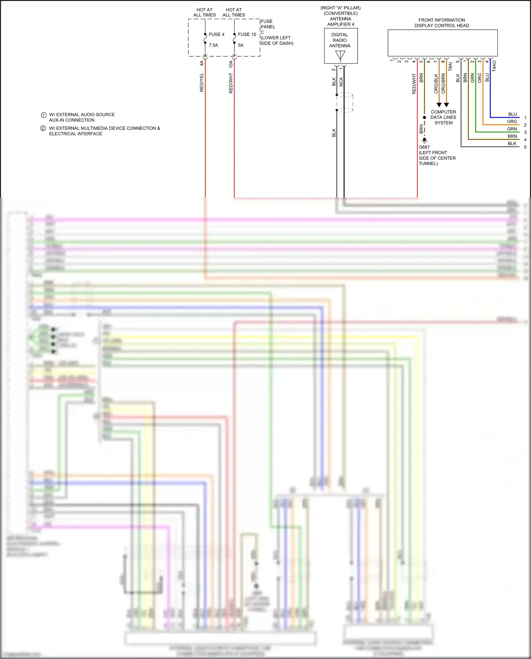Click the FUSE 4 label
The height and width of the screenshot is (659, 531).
tap(216, 34)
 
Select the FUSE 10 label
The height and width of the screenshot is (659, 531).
tap(247, 34)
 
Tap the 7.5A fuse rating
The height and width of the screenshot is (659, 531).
tap(213, 45)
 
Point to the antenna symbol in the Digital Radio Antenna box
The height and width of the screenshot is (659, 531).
tap(340, 56)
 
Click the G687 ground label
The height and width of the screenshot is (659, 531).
tap(424, 147)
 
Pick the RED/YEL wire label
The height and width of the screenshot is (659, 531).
tap(202, 83)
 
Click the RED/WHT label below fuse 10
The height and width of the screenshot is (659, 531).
tap(231, 84)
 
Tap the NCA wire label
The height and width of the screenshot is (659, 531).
tap(341, 82)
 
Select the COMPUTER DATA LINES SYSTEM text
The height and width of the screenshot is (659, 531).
tap(443, 117)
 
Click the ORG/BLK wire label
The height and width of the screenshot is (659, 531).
tap(436, 84)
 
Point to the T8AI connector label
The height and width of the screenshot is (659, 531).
tap(450, 67)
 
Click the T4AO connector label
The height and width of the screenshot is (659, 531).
tap(494, 66)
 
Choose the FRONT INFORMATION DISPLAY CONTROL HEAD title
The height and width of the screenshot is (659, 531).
tap(442, 23)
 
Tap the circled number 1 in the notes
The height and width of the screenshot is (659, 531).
tap(44, 115)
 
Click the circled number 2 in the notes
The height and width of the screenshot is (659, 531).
tap(43, 129)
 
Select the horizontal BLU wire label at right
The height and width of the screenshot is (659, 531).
tap(512, 114)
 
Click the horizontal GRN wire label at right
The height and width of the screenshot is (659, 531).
tap(512, 129)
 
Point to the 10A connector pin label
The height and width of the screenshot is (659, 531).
tap(231, 64)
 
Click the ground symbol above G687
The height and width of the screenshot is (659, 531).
tap(424, 140)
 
